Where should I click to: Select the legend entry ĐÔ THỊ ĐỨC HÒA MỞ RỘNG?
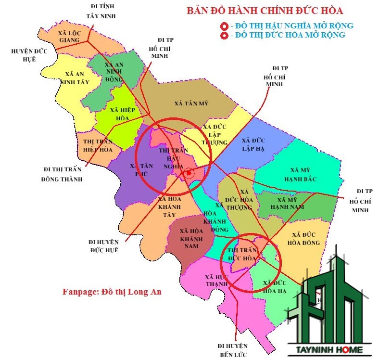[x=288, y=35]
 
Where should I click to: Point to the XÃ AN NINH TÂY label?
[x=74, y=77]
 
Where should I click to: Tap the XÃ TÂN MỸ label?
[x=191, y=103]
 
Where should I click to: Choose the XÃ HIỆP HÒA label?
[x=122, y=114]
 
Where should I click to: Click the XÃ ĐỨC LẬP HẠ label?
[x=253, y=144]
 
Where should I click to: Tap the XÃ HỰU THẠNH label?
[x=215, y=280]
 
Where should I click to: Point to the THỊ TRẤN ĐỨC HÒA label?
[x=241, y=255]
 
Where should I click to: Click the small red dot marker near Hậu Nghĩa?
[x=189, y=173]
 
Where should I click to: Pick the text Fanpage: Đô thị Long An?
[x=112, y=292]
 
